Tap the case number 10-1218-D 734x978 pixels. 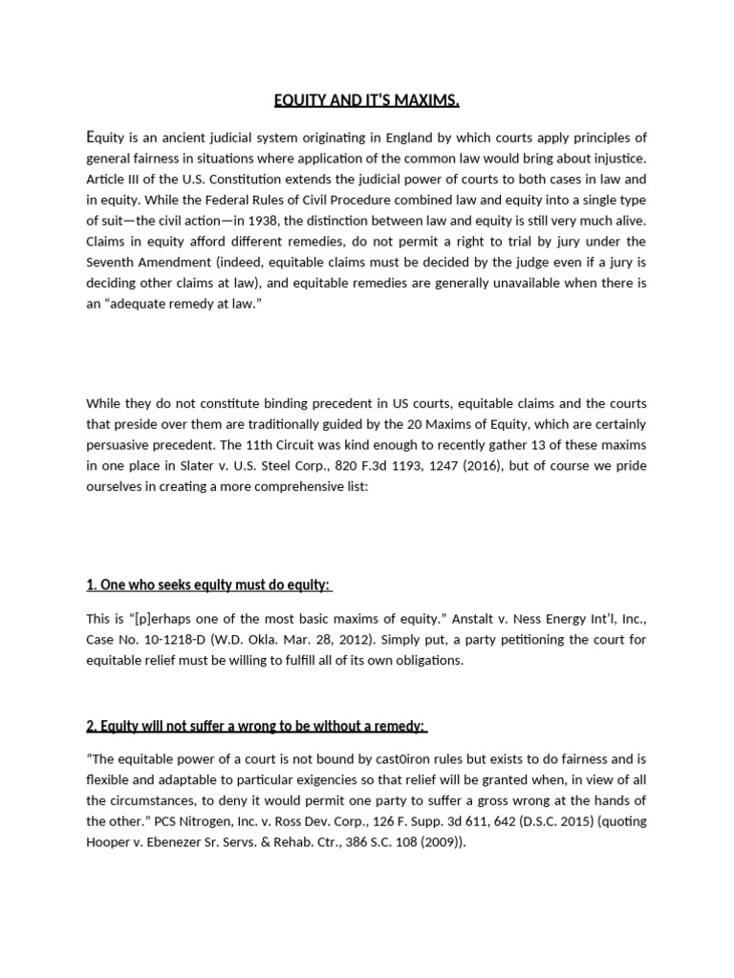(167, 639)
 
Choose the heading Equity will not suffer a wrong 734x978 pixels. (255, 726)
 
